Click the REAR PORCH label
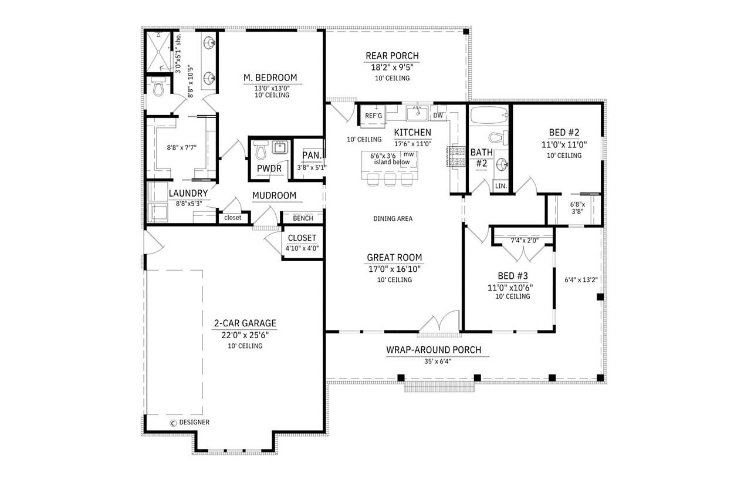392,56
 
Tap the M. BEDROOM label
270,77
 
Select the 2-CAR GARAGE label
245,323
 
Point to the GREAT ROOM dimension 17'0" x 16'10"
394,269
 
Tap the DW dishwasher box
438,115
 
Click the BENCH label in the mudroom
303,218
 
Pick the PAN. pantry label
311,156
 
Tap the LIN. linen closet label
500,185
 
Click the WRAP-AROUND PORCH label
433,350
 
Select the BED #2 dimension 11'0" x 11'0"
564,144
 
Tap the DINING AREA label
393,218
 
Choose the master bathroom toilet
157,88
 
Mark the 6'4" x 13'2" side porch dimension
580,280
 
